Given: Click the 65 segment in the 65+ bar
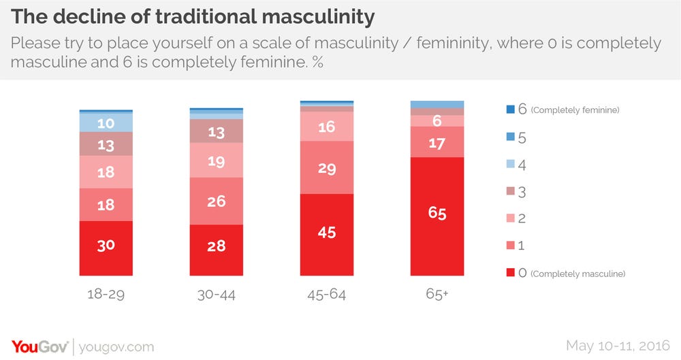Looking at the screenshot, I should pos(437,214).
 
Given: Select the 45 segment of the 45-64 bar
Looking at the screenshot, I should pos(327,233).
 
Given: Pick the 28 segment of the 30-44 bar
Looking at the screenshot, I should pos(216,246).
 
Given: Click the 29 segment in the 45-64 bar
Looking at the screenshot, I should pos(327,168).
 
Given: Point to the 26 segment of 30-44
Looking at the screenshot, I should pos(216,201).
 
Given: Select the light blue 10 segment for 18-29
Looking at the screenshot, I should pos(106,122).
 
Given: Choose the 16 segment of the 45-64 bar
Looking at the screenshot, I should pos(327,127).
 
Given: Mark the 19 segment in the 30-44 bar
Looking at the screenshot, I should pos(216,162).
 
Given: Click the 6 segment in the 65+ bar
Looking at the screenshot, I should pos(437,120).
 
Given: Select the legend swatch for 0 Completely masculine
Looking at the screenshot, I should pos(511,273).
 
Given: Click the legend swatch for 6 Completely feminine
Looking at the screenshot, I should pos(511,110).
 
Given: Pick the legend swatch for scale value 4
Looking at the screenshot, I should pos(511,164).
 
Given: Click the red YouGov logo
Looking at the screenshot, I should pos(40,346).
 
